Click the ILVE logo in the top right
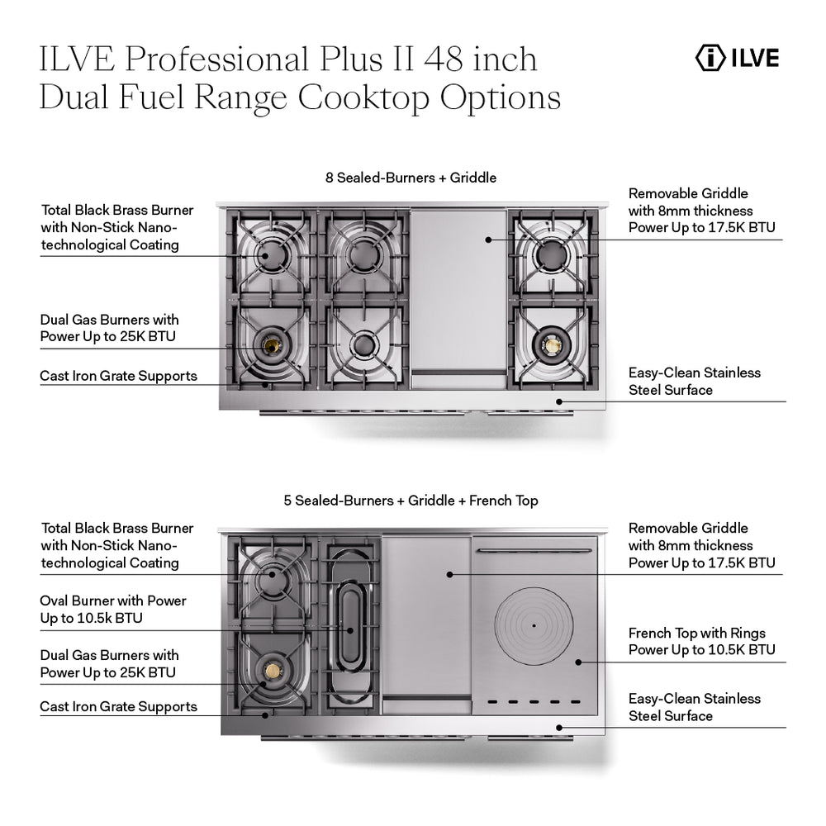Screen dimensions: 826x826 pyautogui.click(x=737, y=59)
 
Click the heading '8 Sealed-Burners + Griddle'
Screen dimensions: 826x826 pyautogui.click(x=411, y=177)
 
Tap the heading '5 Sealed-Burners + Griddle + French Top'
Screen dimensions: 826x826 pyautogui.click(x=411, y=501)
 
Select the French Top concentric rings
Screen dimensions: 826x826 pyautogui.click(x=534, y=625)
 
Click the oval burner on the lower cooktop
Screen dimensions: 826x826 pyautogui.click(x=350, y=629)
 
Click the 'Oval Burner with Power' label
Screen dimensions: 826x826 pyautogui.click(x=113, y=610)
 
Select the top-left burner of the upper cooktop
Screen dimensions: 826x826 pyautogui.click(x=272, y=255)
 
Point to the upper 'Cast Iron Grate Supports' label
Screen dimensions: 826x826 pyautogui.click(x=118, y=376)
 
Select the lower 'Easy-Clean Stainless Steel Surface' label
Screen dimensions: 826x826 pyautogui.click(x=694, y=707)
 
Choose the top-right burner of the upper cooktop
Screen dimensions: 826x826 pyautogui.click(x=550, y=256)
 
